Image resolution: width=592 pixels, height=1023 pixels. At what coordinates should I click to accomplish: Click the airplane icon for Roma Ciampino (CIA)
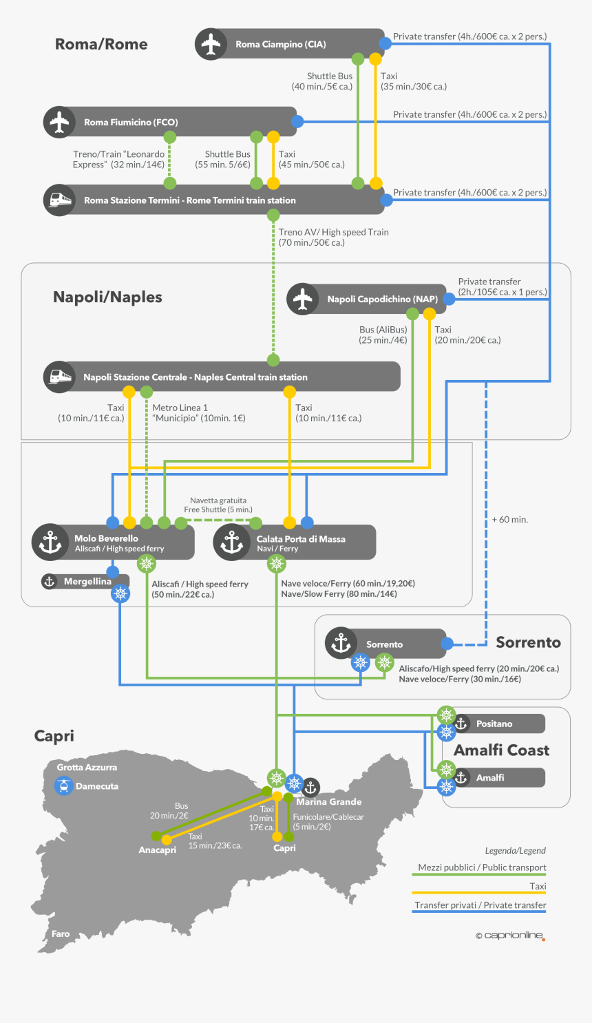[x=211, y=44]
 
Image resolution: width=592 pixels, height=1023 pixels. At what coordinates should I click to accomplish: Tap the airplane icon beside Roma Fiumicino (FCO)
[x=59, y=122]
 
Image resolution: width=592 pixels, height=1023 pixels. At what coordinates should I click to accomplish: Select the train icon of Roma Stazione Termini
[x=59, y=200]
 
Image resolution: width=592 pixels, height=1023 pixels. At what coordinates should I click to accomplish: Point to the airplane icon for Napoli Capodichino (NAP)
[x=302, y=299]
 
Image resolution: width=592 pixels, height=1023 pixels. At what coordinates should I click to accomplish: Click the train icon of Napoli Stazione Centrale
[x=59, y=377]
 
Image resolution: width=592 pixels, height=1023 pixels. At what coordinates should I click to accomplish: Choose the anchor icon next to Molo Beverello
[x=50, y=542]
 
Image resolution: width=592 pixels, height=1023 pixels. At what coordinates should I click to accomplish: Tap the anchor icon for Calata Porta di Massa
[x=231, y=542]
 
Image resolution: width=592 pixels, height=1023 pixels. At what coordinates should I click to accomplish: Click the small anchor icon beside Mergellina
[x=50, y=582]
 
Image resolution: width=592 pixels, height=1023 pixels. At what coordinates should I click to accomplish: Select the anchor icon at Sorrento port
[x=341, y=644]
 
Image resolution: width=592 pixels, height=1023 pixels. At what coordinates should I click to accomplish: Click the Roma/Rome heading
[x=101, y=44]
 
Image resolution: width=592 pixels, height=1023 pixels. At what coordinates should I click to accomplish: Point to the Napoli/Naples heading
[x=107, y=297]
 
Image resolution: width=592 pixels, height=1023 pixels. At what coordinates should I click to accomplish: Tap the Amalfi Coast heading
[x=502, y=750]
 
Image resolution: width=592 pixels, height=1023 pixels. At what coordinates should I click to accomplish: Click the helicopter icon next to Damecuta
[x=64, y=785]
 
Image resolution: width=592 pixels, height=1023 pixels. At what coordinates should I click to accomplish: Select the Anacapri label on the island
[x=157, y=850]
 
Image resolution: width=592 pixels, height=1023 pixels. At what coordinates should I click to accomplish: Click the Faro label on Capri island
[x=61, y=934]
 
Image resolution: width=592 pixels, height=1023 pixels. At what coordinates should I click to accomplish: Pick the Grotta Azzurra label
[x=87, y=767]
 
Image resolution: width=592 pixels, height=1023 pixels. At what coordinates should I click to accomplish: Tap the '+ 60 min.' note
[x=510, y=520]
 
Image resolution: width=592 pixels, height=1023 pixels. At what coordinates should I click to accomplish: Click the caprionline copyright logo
[x=510, y=936]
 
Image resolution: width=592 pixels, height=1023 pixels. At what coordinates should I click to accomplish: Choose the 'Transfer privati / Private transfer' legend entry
[x=480, y=905]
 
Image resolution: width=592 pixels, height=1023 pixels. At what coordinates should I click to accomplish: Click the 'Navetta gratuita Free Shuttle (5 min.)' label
[x=218, y=505]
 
